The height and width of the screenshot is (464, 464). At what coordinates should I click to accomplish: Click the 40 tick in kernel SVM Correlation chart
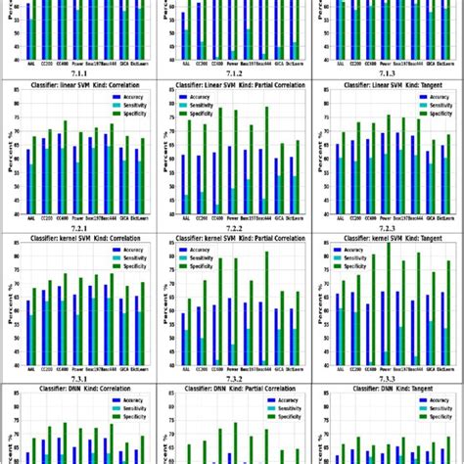18,366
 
